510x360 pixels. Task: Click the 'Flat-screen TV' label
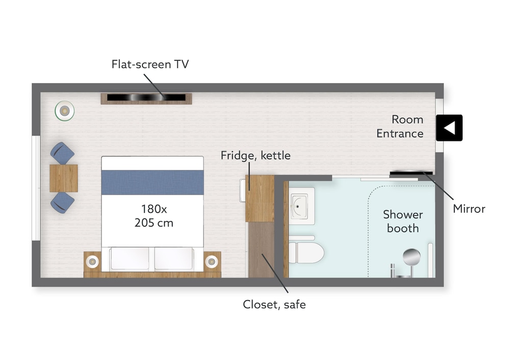coord(150,64)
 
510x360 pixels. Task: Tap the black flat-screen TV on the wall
coord(146,97)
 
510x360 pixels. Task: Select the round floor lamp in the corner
coord(65,111)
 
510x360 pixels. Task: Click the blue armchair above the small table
coord(62,153)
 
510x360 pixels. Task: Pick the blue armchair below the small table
coord(62,202)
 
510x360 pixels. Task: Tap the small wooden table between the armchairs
coord(64,178)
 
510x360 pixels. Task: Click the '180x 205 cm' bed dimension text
coord(154,216)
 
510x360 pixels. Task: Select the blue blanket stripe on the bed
coord(152,183)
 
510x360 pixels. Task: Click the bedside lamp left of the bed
coord(93,261)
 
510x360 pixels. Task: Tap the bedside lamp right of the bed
coord(212,261)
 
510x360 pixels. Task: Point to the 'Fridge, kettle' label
coord(256,156)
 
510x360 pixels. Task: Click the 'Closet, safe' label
coord(274,305)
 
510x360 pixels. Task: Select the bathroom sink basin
coord(299,206)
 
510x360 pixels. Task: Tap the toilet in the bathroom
coord(306,252)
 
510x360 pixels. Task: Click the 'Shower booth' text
coord(403,221)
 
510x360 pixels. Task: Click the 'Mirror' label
coord(469,209)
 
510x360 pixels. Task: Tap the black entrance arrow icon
coord(449,128)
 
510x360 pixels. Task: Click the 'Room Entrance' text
coord(400,126)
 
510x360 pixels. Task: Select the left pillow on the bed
coord(130,259)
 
